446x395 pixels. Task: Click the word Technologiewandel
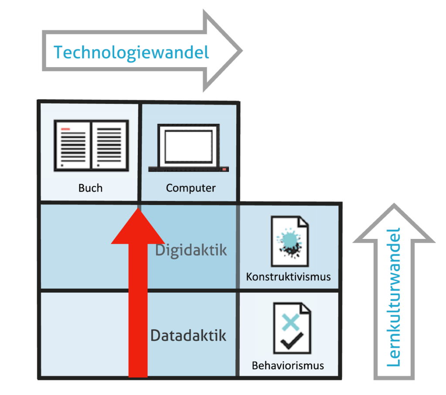pyautogui.click(x=131, y=53)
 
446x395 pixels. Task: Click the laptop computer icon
pyautogui.click(x=188, y=148)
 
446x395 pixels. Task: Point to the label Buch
pyautogui.click(x=91, y=188)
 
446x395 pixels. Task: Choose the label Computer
pyautogui.click(x=191, y=188)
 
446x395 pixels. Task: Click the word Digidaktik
pyautogui.click(x=191, y=251)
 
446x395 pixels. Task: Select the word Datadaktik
pyautogui.click(x=188, y=336)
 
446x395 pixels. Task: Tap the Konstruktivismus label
pyautogui.click(x=288, y=277)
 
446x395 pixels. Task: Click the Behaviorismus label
pyautogui.click(x=288, y=365)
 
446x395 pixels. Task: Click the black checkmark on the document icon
pyautogui.click(x=289, y=341)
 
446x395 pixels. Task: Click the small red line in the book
pyautogui.click(x=66, y=129)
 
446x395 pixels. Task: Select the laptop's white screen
pyautogui.click(x=188, y=146)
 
